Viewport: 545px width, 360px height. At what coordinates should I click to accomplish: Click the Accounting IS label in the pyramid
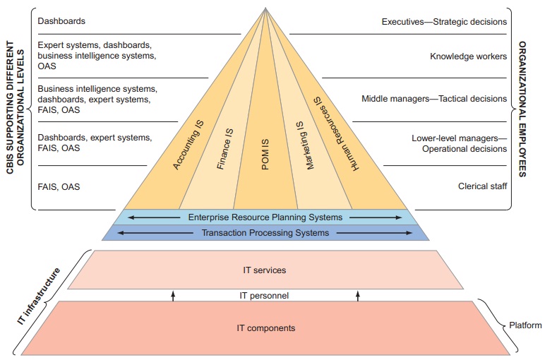tap(189, 144)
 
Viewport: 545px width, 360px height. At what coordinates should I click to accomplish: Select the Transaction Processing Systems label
tap(265, 233)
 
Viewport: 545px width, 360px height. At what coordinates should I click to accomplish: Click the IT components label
tap(265, 328)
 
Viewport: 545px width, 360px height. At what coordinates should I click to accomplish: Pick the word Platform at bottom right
tap(525, 325)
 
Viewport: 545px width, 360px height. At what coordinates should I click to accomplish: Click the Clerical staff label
tap(482, 187)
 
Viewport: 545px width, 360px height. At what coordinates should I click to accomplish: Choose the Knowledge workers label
tap(469, 56)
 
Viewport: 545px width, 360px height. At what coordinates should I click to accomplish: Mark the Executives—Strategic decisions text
tap(444, 22)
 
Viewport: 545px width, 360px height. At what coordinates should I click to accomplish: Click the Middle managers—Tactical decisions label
tap(434, 99)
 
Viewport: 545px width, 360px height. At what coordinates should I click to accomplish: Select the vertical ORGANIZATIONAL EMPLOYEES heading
tap(523, 109)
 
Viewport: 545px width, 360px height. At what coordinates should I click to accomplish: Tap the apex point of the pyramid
tap(265, 8)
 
